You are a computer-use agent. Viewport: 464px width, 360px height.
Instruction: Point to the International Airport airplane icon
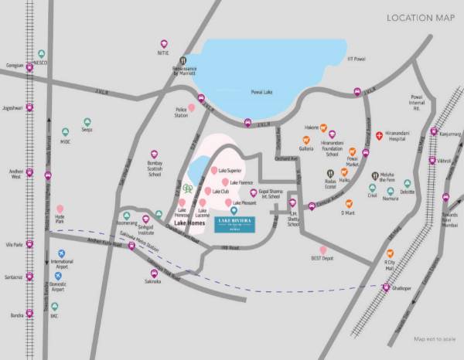pos(60,253)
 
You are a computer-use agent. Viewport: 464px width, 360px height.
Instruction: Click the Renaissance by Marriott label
pos(186,70)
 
